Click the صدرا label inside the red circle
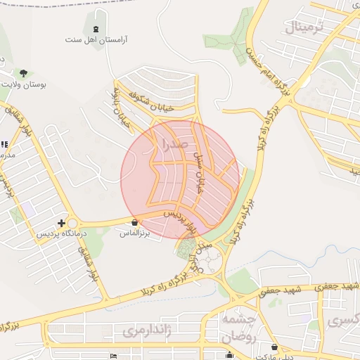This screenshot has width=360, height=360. [174, 145]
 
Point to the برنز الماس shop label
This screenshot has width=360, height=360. [136, 231]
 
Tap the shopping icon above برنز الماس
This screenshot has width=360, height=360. [134, 222]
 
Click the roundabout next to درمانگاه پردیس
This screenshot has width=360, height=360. [70, 224]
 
